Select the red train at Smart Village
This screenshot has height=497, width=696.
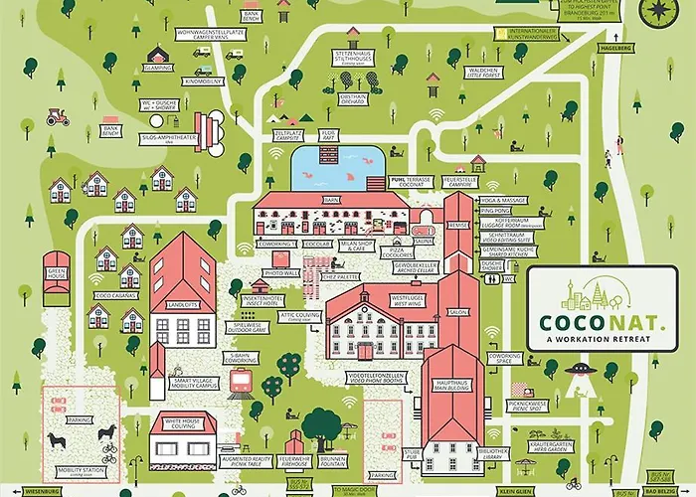point(240,381)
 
